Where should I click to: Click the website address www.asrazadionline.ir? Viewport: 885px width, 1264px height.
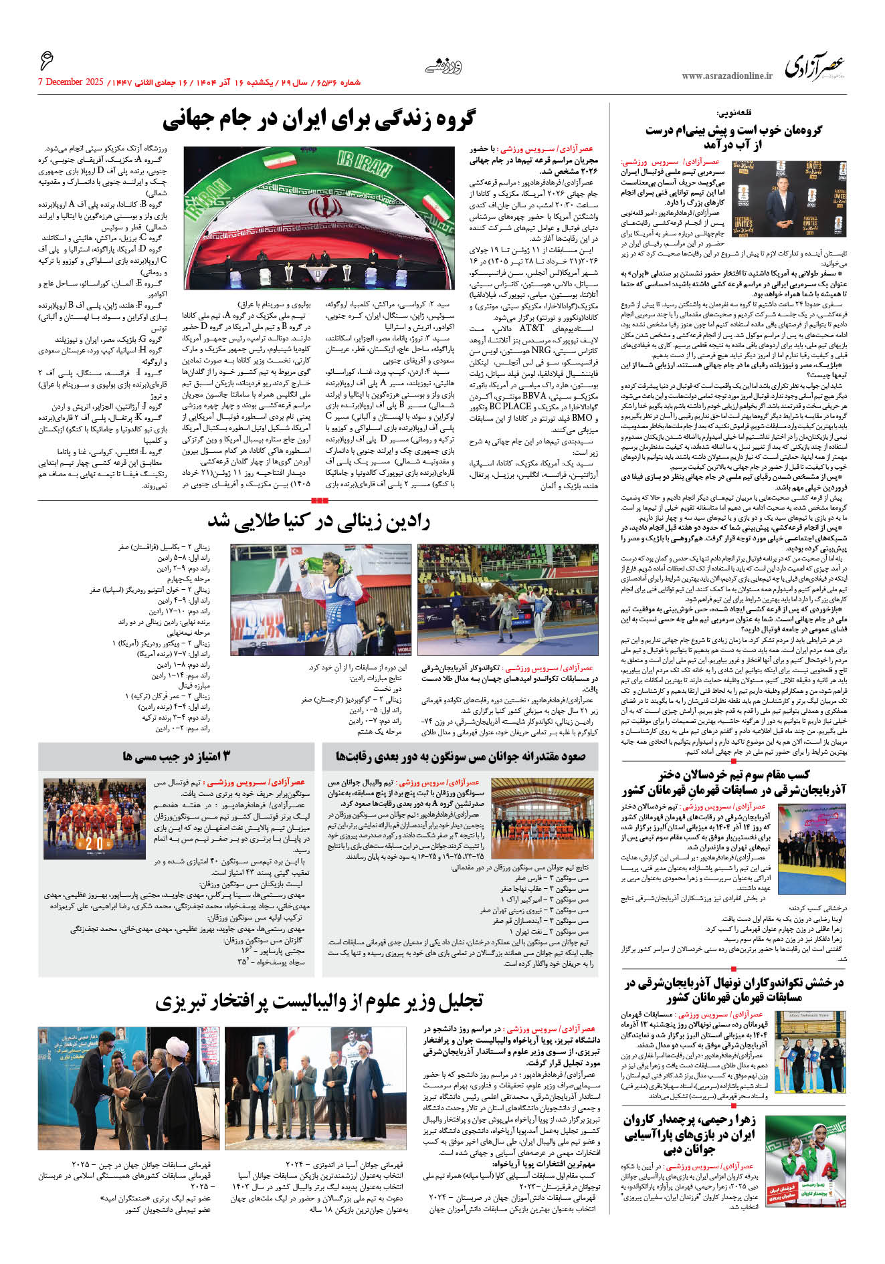tap(726, 76)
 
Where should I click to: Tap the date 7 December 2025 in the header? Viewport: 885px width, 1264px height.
tap(71, 82)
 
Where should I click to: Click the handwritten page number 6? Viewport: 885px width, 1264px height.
tap(46, 62)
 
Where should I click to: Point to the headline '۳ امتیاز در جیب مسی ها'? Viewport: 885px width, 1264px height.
tap(176, 756)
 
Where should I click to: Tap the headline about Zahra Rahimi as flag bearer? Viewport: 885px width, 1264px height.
tap(689, 1135)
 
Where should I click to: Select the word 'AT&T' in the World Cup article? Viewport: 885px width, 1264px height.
tap(532, 328)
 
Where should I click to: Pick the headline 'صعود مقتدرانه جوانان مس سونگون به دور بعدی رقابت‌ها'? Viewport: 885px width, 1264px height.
tap(460, 756)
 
